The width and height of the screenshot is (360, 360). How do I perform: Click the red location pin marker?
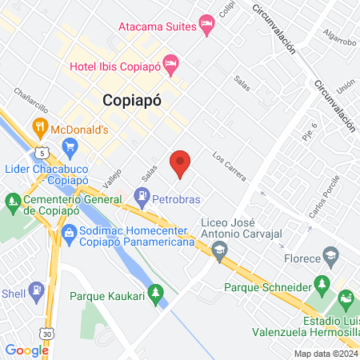click(x=181, y=164)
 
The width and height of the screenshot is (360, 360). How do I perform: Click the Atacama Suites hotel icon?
click(x=207, y=25)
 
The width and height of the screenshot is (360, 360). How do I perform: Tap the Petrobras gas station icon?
click(x=142, y=194)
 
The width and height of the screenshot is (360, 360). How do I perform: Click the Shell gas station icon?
click(x=35, y=290)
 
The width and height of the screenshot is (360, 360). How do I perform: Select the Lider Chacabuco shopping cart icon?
click(x=70, y=146)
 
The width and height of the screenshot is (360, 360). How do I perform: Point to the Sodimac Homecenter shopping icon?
click(x=69, y=235)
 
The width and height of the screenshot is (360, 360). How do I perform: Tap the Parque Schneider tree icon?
click(x=322, y=284)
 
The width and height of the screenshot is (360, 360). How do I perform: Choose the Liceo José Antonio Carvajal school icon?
click(x=218, y=253)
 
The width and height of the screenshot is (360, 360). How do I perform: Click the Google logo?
click(x=27, y=350)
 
